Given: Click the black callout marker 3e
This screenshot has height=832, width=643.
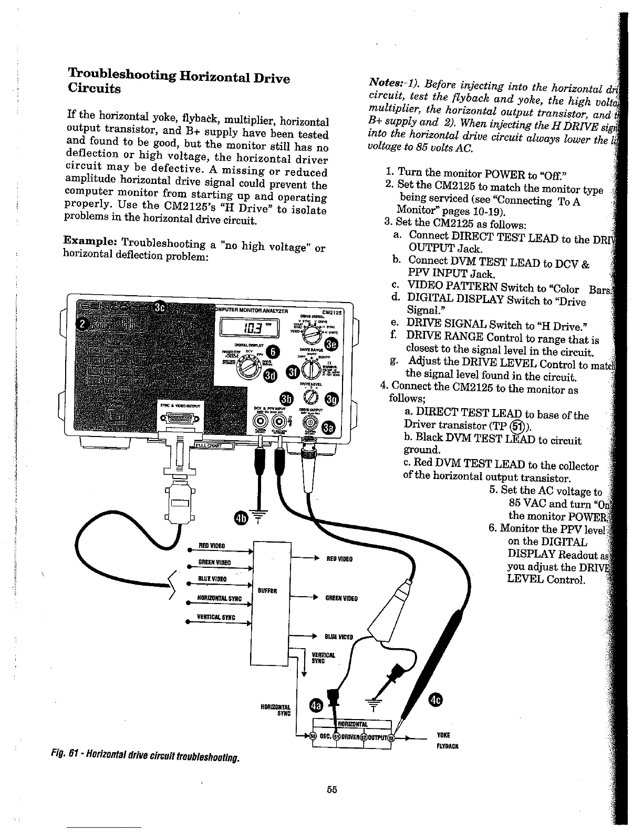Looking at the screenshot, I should [332, 344].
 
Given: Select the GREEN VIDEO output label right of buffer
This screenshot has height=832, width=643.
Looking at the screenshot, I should [341, 598].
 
